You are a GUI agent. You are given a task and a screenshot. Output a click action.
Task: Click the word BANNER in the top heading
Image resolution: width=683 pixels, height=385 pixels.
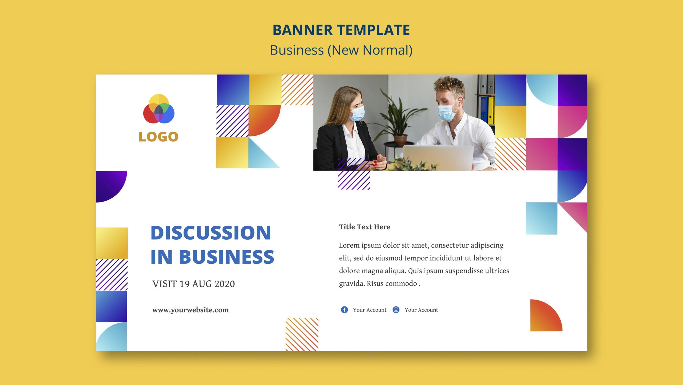point(302,30)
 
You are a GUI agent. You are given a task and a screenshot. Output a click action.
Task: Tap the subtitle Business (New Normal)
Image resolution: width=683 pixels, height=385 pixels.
point(341,50)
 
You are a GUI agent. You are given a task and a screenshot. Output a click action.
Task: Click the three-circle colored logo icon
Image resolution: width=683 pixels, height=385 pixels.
point(159,109)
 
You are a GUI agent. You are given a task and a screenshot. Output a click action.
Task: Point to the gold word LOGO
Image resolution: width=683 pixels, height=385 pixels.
point(158,137)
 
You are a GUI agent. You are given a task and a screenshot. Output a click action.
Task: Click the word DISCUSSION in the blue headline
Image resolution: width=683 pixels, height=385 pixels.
point(211,233)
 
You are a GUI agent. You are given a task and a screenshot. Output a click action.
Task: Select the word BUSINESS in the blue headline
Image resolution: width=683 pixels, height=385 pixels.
point(227,257)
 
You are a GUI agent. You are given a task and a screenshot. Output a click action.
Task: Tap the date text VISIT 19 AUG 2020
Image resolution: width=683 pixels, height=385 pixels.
point(193,284)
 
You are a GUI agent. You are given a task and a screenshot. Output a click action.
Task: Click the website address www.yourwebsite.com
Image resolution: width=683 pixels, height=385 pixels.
point(190,310)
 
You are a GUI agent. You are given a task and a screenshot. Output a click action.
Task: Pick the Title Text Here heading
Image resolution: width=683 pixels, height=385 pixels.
point(364,227)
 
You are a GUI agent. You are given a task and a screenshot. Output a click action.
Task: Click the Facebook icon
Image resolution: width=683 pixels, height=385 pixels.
point(344,310)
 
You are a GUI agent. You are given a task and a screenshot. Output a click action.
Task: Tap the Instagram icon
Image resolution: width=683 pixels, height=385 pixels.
point(396,310)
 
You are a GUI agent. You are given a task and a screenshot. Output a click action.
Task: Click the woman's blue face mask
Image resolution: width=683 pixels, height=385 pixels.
point(357,114)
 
